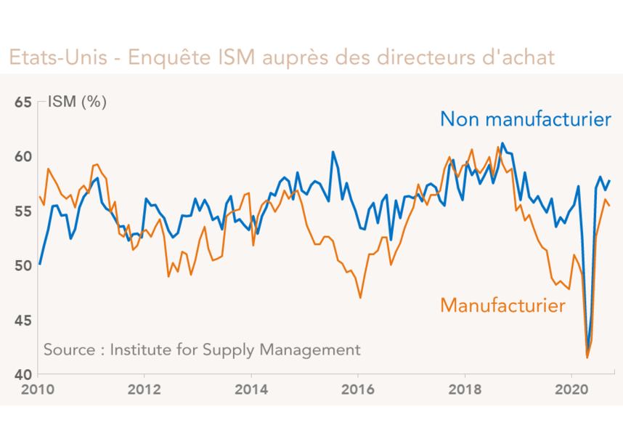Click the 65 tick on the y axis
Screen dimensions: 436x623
click(23, 102)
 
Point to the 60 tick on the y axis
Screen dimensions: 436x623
click(23, 157)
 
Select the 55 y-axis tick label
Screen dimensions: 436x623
click(23, 211)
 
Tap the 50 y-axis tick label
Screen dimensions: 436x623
click(23, 266)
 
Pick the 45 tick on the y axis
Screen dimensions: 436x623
click(23, 320)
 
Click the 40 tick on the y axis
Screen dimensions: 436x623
click(23, 375)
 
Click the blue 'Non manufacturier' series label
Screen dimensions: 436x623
click(526, 119)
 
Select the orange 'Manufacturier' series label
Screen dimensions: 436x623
click(502, 305)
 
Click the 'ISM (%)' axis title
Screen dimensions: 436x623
click(77, 102)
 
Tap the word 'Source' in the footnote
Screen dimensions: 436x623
click(69, 350)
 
